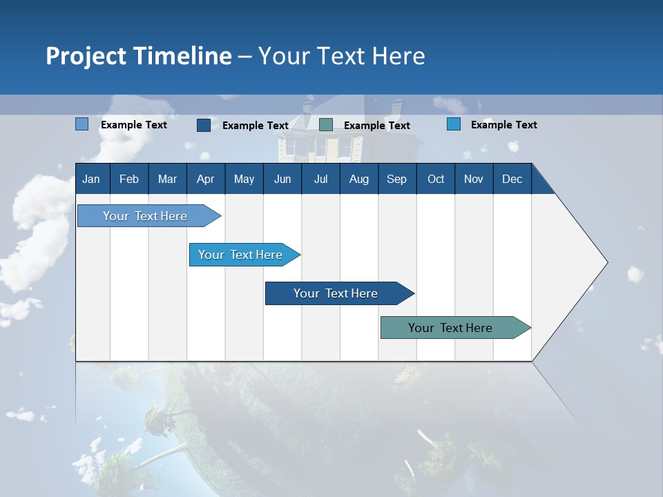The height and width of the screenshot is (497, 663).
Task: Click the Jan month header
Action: point(92,179)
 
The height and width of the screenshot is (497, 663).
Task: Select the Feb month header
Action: point(129,179)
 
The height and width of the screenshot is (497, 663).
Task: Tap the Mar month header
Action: point(167,179)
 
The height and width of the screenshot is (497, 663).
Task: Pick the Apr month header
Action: point(206,179)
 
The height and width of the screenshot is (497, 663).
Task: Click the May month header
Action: point(244,179)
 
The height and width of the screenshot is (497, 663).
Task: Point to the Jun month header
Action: point(282,179)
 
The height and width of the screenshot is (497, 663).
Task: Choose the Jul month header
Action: point(320,179)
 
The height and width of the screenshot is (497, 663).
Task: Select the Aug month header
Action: point(359,179)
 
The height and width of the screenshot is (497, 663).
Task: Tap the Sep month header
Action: point(397,179)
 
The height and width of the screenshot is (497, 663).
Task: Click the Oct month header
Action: point(436,179)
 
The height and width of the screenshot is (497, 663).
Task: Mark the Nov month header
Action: point(474,179)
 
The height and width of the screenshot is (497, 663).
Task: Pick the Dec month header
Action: point(512,179)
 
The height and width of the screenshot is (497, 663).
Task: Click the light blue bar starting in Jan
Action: point(145,216)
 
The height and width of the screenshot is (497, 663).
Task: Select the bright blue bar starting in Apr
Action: point(240,255)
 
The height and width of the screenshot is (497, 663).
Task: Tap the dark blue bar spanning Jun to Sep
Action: point(336,293)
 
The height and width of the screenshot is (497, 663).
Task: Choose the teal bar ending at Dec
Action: point(450,328)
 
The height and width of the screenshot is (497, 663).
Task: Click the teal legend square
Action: point(326,125)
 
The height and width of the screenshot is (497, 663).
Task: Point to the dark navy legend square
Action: point(204,125)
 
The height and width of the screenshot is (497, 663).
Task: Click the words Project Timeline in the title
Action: point(139,56)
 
